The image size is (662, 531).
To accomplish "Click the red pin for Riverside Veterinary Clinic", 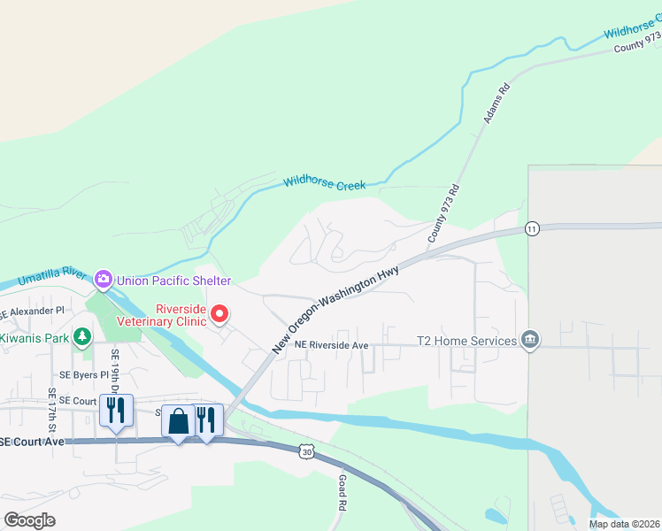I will coord(219,314).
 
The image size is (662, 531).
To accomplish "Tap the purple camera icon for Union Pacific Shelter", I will coord(104,281).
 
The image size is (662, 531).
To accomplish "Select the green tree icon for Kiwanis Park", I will coord(82,337).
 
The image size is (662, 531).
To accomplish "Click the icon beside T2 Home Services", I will coord(530,341).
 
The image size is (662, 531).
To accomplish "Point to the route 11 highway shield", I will coord(531,228).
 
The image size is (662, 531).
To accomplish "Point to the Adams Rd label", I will coord(494,104).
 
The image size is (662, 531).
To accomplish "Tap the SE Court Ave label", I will coord(33,442).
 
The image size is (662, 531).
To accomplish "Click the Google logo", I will coord(29,520).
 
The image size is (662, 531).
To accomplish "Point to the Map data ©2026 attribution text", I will coord(624,524).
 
